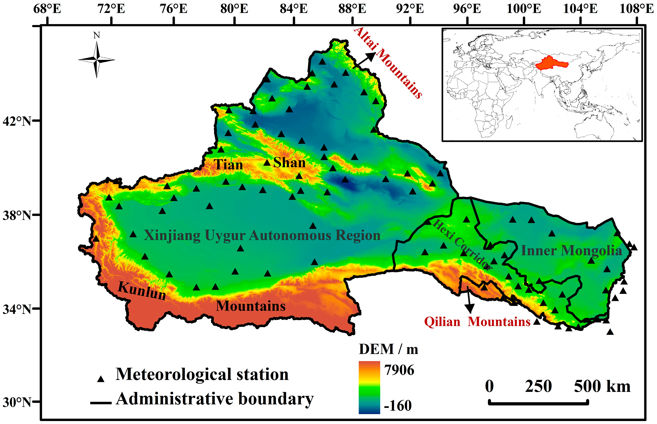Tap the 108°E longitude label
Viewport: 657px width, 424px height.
636,9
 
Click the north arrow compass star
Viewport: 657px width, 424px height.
96,59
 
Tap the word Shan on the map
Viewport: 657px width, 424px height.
289,162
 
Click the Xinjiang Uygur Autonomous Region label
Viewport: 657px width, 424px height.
262,236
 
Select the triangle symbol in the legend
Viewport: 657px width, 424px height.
101,379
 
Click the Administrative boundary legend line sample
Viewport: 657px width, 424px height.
101,403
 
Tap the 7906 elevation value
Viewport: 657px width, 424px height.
399,370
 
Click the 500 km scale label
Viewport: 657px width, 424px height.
602,387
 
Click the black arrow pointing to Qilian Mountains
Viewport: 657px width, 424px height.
469,300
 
